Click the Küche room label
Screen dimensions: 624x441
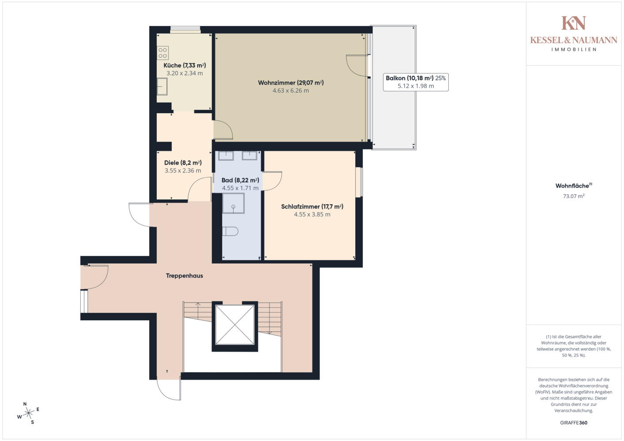185,65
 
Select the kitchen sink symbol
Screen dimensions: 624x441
162,86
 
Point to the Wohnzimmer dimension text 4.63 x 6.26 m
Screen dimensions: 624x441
290,90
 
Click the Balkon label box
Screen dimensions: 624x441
416,82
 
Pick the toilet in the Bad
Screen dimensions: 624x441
230,232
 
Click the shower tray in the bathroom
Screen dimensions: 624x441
233,203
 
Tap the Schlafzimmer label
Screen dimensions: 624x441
312,206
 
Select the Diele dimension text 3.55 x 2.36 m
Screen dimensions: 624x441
183,171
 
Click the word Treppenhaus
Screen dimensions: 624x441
184,276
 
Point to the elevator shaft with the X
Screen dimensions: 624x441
235,325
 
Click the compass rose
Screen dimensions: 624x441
28,413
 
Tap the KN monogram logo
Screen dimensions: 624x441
574,23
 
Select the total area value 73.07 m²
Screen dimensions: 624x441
574,196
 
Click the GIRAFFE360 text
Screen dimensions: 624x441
574,422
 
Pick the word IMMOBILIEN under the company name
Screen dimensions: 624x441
574,49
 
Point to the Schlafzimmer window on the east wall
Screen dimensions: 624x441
359,182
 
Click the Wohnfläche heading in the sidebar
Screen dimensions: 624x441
574,186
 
